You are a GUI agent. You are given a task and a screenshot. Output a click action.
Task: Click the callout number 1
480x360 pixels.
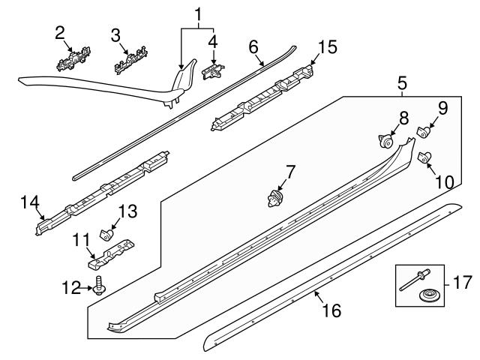coord(198,13)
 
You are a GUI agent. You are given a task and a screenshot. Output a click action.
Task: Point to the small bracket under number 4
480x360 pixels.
coord(214,70)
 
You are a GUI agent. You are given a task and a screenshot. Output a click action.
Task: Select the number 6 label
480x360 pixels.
coord(253,46)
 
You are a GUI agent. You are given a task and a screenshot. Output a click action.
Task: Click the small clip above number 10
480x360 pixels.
coord(424,156)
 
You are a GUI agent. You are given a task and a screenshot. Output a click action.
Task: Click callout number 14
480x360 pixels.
coord(29,202)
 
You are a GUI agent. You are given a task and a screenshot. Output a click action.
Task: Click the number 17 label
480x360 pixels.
coord(462,283)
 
